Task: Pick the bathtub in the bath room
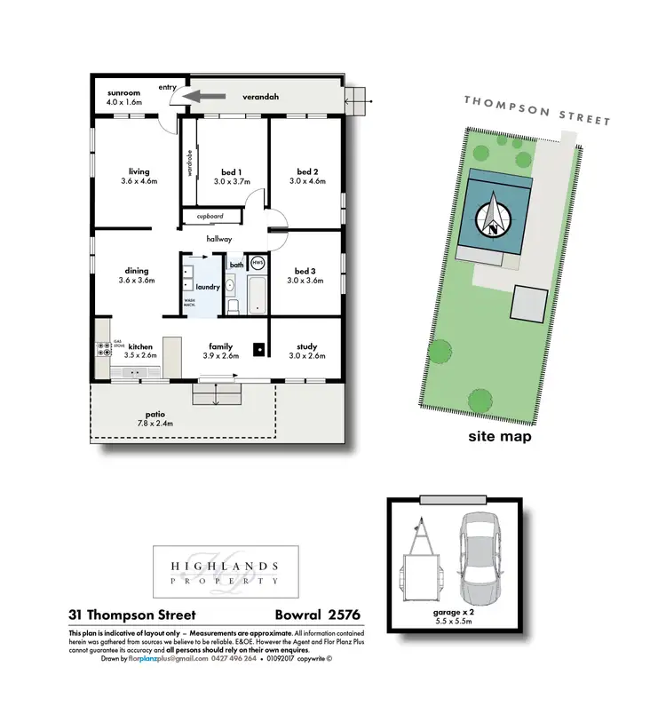point(257,296)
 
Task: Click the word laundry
point(207,287)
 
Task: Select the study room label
point(307,346)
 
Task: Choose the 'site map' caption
point(500,437)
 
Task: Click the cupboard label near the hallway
point(210,216)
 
